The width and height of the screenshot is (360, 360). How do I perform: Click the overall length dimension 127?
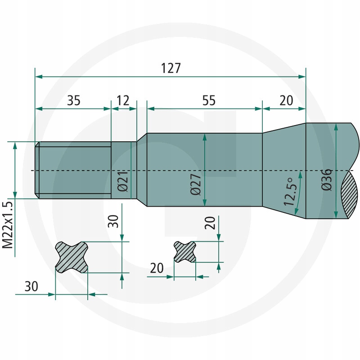pyautogui.click(x=171, y=68)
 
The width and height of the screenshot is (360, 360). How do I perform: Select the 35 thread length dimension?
pyautogui.click(x=74, y=100)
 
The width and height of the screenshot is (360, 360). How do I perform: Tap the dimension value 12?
pyautogui.click(x=123, y=100)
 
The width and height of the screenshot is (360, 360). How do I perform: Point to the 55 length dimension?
pyautogui.click(x=209, y=100)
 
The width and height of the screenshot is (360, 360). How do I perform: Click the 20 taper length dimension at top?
pyautogui.click(x=286, y=100)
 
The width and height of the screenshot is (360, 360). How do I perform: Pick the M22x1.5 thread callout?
pyautogui.click(x=8, y=225)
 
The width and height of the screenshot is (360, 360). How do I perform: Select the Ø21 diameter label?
pyautogui.click(x=122, y=181)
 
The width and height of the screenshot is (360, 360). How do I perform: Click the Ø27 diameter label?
pyautogui.click(x=196, y=184)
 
